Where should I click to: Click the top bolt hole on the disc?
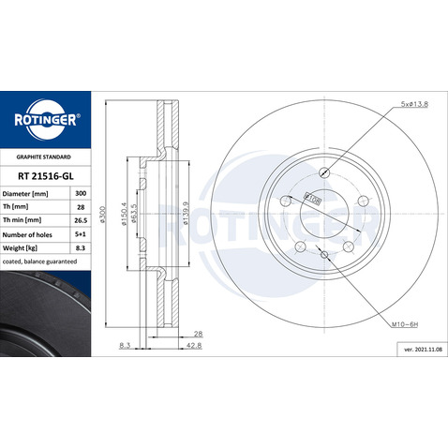pos(323,172)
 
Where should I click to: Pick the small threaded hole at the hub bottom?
pos(323,253)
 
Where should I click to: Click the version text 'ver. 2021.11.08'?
pos(414,348)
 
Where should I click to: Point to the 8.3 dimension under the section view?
pos(125,345)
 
